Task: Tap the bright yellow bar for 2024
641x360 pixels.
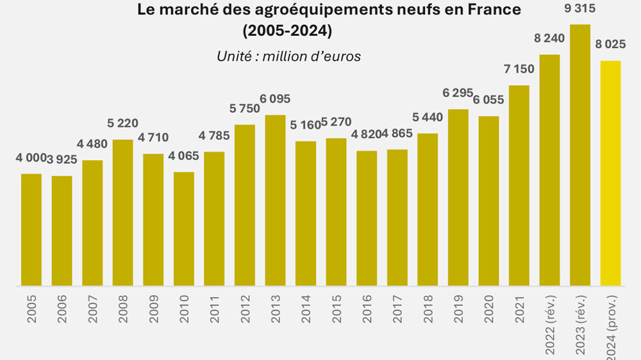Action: (610, 173)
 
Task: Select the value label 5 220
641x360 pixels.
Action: (123, 124)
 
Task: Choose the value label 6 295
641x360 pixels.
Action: (458, 94)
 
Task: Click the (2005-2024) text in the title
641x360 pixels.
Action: (288, 30)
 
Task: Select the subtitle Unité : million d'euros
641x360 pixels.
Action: (288, 56)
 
